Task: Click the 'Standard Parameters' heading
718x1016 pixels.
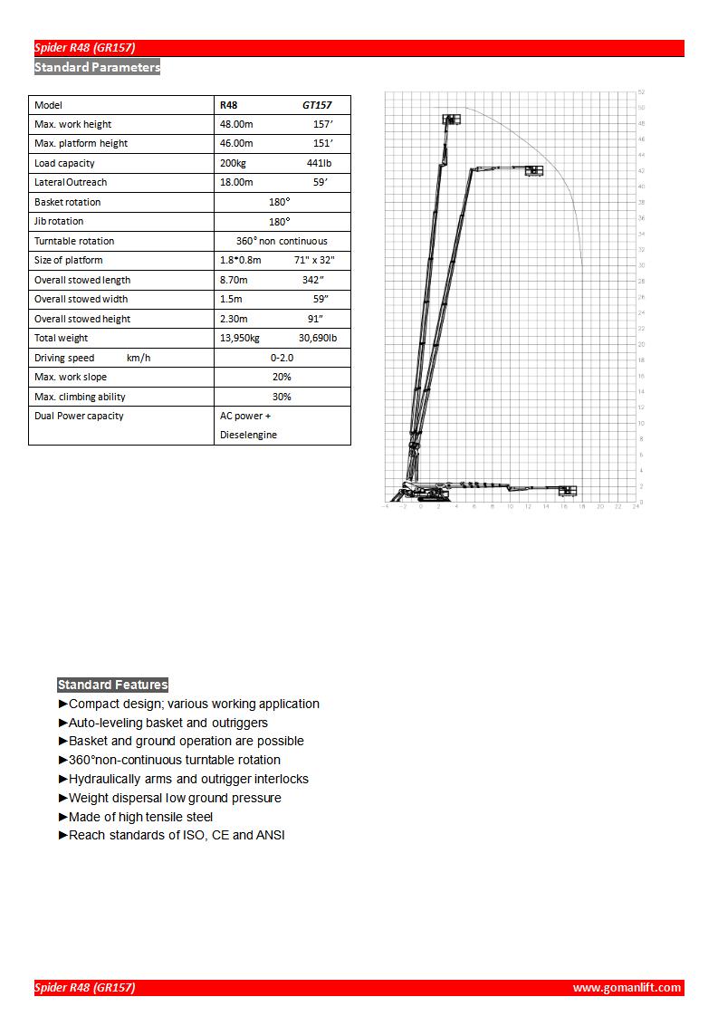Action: (97, 67)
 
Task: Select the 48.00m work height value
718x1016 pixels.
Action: (237, 124)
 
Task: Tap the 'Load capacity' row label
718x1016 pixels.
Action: (64, 163)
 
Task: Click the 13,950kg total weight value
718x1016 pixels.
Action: (240, 338)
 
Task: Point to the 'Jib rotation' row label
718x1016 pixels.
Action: (59, 221)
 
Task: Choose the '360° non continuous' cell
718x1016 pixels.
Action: (282, 241)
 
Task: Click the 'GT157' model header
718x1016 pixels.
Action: (317, 105)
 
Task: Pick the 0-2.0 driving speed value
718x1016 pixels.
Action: (282, 358)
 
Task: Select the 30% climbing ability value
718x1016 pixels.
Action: (282, 397)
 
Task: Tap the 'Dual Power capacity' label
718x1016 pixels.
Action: (79, 416)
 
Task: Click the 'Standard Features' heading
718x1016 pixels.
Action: (113, 685)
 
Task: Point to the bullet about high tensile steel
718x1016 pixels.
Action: (141, 817)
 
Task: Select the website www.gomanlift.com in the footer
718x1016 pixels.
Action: (627, 988)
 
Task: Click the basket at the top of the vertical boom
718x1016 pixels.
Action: (450, 120)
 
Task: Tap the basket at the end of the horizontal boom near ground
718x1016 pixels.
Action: (567, 491)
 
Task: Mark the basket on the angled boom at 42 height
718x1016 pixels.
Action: (533, 169)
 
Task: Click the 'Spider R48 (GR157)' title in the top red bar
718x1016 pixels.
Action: (85, 48)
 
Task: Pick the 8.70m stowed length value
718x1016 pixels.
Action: (236, 280)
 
